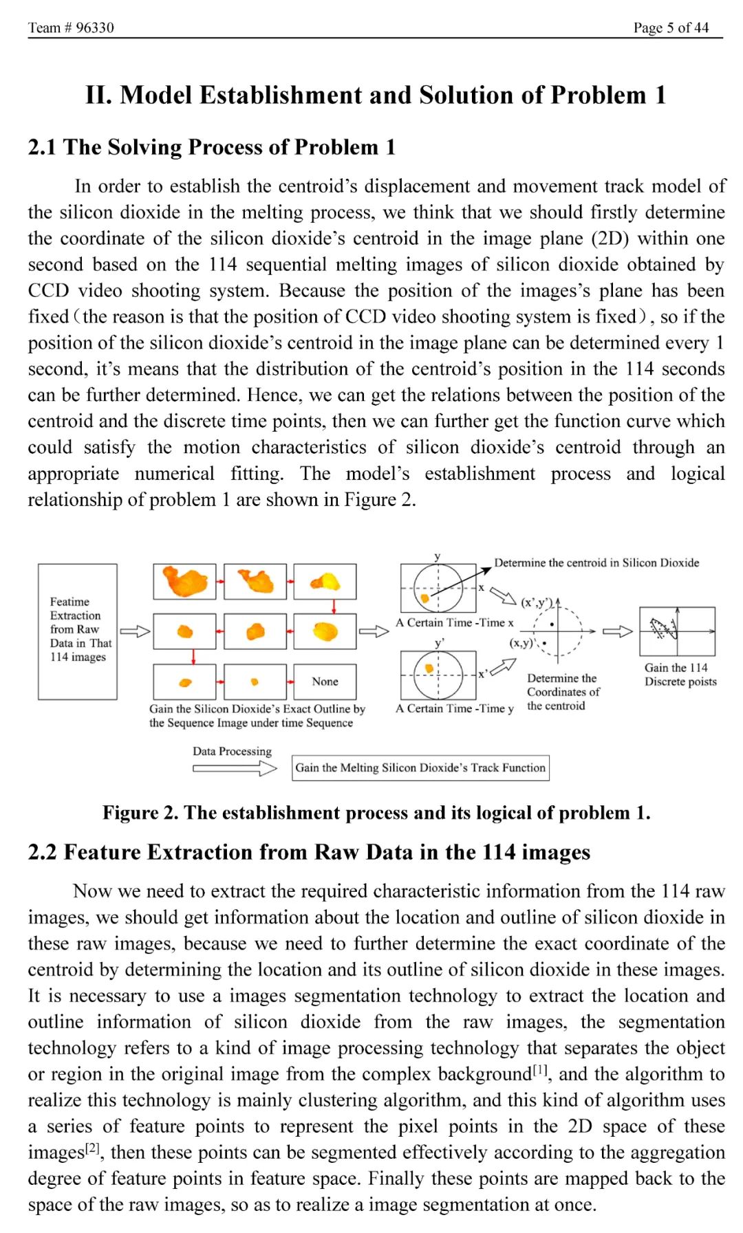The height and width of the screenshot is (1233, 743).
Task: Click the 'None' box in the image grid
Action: coord(325,681)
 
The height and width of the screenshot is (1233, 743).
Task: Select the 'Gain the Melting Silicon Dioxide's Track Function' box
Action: coord(420,768)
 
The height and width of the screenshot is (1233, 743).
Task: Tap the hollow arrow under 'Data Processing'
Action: coord(234,769)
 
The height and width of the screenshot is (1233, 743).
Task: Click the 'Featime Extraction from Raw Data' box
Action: coord(78,631)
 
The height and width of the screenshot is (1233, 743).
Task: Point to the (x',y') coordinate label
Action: coord(536,603)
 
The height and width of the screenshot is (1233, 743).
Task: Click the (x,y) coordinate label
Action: coord(521,642)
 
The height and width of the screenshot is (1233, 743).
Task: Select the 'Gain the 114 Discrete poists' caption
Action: coord(680,675)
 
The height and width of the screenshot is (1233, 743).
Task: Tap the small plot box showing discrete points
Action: coord(677,631)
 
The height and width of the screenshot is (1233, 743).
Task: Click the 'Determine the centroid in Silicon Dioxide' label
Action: coord(596,563)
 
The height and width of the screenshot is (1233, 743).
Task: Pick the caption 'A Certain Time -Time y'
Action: coord(454,708)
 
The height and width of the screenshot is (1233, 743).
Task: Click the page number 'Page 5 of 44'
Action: coord(671,28)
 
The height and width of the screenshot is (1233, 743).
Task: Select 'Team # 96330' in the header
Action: coord(71,28)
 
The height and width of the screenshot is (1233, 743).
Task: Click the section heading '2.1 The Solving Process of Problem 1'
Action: coord(212,147)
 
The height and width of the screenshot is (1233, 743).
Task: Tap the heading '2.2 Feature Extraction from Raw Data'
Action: coord(309,852)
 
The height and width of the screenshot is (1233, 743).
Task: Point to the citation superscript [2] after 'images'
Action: coord(92,1148)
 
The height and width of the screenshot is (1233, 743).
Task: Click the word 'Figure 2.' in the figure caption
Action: coord(140,813)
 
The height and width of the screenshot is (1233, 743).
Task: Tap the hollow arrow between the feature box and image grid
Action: coord(135,631)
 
